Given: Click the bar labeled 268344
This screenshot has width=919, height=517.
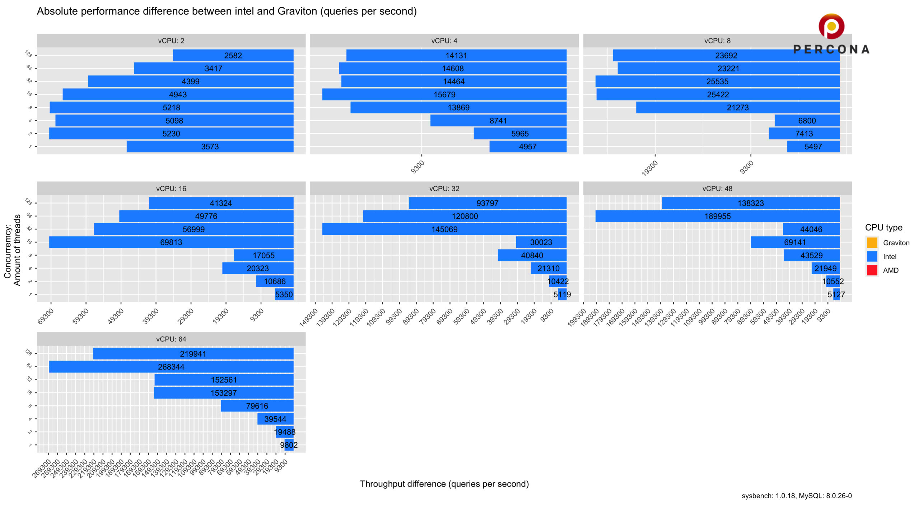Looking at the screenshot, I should pos(171,367).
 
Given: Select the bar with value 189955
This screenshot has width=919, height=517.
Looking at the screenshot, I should pos(717,216).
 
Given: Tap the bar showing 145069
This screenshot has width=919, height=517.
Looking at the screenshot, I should pos(444,229).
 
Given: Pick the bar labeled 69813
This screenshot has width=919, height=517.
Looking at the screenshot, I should pos(171,242).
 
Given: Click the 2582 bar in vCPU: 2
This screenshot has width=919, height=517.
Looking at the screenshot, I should pos(233,55).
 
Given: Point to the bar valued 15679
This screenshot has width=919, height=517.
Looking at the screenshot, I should pos(444,94).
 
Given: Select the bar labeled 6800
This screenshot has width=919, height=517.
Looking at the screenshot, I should pos(807,121).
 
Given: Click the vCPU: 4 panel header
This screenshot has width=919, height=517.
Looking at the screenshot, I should pos(444,41).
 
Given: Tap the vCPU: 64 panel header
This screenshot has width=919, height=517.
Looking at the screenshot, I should pos(171,339).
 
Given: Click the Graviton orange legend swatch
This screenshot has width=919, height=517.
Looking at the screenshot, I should pos(872,243).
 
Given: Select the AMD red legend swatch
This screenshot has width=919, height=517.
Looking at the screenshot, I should pos(872,270).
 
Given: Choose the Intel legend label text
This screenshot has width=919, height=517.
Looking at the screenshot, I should pos(890,257).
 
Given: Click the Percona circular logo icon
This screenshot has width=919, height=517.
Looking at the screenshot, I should pos(831,26).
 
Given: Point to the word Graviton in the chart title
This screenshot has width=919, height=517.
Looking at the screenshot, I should pos(297,11).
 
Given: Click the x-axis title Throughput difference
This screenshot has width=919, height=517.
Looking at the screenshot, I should pos(444,484).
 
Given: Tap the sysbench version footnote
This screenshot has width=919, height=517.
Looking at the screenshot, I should pos(796,496).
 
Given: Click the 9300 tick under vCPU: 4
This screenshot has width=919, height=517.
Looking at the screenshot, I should pos(417,167).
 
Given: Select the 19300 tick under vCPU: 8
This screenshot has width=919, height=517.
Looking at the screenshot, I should pos(650,168).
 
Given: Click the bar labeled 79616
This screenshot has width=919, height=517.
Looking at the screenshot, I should pos(257,406).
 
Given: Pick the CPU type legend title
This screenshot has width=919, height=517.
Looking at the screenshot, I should pos(883,228).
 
